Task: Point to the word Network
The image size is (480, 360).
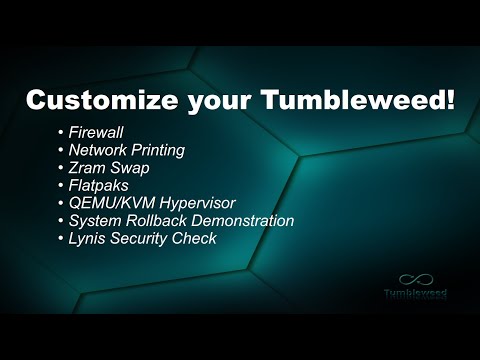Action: point(103,149)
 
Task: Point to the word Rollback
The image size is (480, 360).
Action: point(159,220)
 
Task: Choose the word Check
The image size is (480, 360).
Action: point(199,238)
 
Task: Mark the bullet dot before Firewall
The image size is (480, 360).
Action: point(62,132)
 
